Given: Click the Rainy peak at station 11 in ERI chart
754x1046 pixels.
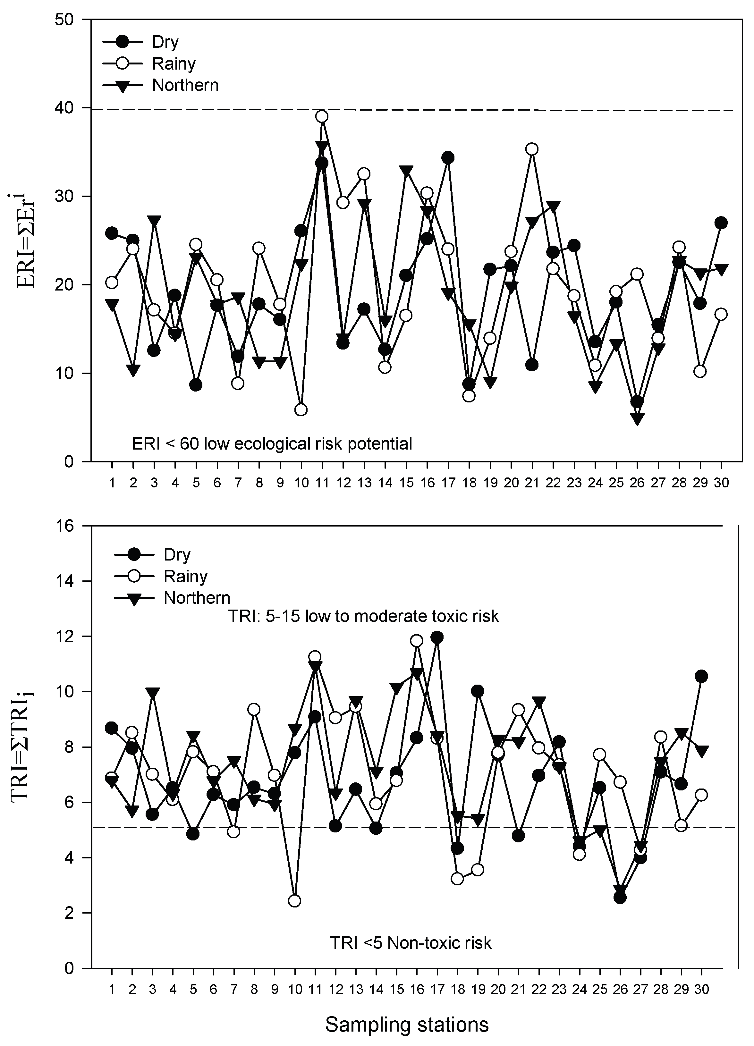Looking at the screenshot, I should point(322,116).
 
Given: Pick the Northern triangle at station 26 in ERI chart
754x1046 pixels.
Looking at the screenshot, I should point(637,419).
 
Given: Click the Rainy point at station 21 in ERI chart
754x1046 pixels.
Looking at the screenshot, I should point(532,149).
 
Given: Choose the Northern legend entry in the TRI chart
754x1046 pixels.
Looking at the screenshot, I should point(197,598).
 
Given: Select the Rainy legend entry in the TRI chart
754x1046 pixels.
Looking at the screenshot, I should point(185,576).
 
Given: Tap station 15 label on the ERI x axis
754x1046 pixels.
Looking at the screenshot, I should point(406,483).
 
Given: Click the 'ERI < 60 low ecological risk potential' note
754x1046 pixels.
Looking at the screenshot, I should point(272,444).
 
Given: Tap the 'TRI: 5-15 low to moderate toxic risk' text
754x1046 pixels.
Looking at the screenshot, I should point(363,617).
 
